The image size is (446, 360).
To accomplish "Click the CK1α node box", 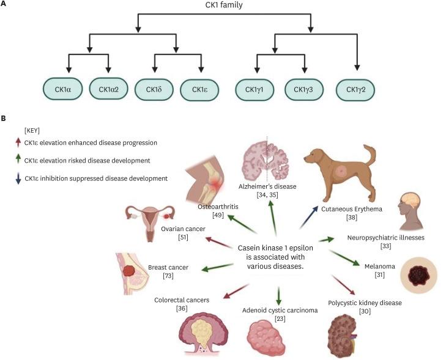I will click(63, 90).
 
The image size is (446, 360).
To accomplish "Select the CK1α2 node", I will click(108, 90).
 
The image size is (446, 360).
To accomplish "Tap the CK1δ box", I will click(154, 90).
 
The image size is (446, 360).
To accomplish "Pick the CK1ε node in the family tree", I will click(199, 90).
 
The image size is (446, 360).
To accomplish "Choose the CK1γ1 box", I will click(255, 90).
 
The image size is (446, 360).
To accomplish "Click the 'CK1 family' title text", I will click(223, 6).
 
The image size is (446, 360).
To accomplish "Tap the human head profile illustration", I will click(411, 210).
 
